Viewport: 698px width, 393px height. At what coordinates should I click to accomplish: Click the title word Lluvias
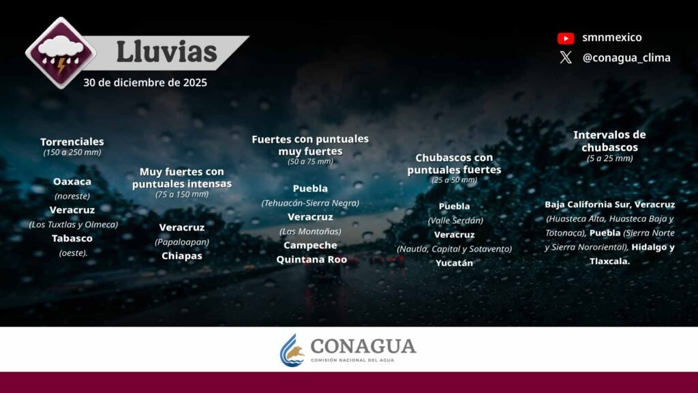(166, 52)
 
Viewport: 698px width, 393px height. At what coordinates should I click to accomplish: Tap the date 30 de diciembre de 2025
(145, 83)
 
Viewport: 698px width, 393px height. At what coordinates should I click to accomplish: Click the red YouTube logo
(566, 38)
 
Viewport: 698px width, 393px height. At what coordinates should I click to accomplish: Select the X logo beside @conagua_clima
(566, 57)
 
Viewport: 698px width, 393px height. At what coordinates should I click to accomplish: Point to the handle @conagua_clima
(626, 58)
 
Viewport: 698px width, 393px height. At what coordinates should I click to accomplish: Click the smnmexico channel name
(612, 38)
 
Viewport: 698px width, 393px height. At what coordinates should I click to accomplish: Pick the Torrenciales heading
(72, 142)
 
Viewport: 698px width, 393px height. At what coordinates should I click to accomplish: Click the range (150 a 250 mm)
(72, 152)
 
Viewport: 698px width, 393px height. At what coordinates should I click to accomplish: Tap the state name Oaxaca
(72, 181)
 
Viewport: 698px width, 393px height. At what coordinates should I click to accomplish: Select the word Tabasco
(72, 238)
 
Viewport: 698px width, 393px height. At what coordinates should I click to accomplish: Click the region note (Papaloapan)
(181, 242)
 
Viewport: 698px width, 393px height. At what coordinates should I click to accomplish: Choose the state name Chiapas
(181, 256)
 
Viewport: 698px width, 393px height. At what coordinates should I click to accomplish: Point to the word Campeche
(310, 246)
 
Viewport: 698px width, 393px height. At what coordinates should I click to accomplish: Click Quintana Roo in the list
(312, 259)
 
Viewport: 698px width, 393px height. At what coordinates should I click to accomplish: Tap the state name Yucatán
(454, 263)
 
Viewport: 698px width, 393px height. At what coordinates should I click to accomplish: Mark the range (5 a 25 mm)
(610, 158)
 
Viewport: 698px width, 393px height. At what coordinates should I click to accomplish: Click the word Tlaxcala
(610, 261)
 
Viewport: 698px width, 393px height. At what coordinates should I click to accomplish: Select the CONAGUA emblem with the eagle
(292, 350)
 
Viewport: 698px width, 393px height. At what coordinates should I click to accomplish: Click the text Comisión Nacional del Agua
(352, 360)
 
